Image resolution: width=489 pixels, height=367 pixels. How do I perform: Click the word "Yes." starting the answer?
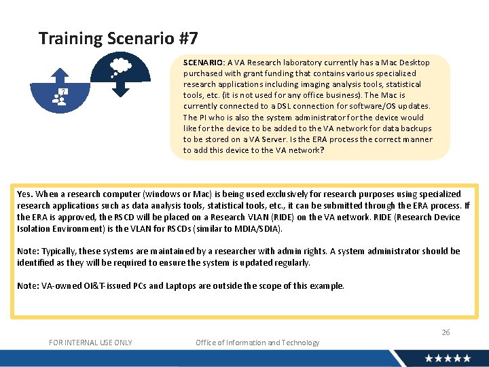(x=25, y=194)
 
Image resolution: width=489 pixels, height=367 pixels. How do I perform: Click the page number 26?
(x=446, y=332)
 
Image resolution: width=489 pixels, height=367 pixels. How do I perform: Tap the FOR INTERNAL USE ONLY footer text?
(x=90, y=343)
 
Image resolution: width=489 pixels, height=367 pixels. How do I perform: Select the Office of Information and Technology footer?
(x=257, y=343)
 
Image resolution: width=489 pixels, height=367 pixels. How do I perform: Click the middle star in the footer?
(x=448, y=358)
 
